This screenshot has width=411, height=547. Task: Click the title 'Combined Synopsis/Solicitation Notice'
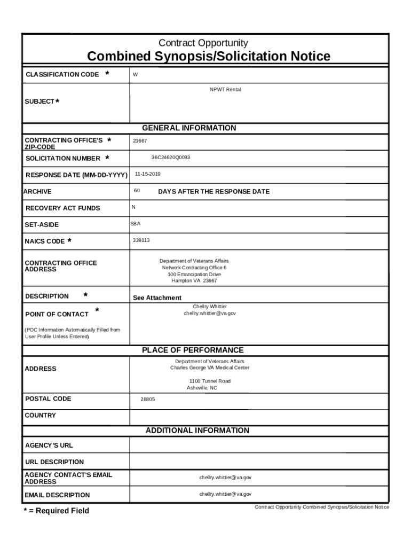pos(208,57)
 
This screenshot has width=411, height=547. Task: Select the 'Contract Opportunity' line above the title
pos(203,43)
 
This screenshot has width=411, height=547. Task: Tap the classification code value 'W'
pos(135,75)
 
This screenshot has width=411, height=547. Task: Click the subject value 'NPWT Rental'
pos(225,90)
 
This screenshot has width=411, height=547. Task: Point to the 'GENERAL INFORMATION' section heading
pos(189,128)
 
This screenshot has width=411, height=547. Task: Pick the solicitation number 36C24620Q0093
pos(170,158)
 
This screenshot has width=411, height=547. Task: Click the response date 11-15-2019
pos(147,174)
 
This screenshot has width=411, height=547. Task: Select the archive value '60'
pos(137,191)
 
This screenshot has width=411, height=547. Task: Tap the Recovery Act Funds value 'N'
pos(133,207)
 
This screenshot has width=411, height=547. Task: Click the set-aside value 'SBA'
pos(136,224)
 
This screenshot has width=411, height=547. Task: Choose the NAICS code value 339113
pos(141,240)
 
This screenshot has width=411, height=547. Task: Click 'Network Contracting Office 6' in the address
pos(194,268)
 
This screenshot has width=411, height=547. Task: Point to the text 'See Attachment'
pos(157,298)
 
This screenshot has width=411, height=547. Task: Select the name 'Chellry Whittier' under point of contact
pos(210,307)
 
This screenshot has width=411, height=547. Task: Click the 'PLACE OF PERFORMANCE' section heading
pos(193,350)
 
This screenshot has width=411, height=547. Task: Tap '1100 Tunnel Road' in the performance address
pos(210,381)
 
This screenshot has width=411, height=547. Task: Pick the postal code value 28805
pos(148,399)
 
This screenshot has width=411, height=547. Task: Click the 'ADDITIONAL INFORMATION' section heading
pos(197,431)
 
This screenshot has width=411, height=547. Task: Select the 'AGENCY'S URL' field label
pos(49,446)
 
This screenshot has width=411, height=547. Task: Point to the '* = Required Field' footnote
pos(56,511)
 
